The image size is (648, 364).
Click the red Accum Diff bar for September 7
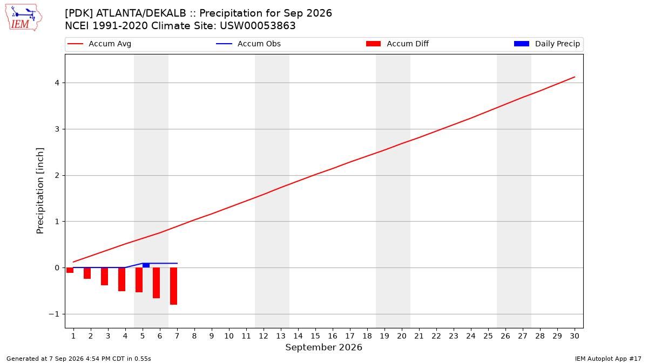173,286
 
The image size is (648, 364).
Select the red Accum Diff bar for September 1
70,270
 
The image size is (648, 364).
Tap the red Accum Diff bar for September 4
122,279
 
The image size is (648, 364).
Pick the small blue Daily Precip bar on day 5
146,265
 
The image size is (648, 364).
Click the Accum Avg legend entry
99,44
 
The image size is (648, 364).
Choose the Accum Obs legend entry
248,44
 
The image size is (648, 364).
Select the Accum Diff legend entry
397,44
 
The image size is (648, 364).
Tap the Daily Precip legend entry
546,44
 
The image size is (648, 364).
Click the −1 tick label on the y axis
54,314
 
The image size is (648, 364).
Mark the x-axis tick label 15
315,336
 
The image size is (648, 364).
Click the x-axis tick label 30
575,336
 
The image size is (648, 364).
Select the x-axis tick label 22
436,336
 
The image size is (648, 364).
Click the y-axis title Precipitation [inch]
40,191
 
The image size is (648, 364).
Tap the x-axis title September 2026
323,347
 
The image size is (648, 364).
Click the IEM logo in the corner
23,18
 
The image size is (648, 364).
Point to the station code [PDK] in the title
79,13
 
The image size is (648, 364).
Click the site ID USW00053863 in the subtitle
258,26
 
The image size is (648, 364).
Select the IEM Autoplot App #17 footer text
608,359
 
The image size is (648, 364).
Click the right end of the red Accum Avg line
575,77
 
